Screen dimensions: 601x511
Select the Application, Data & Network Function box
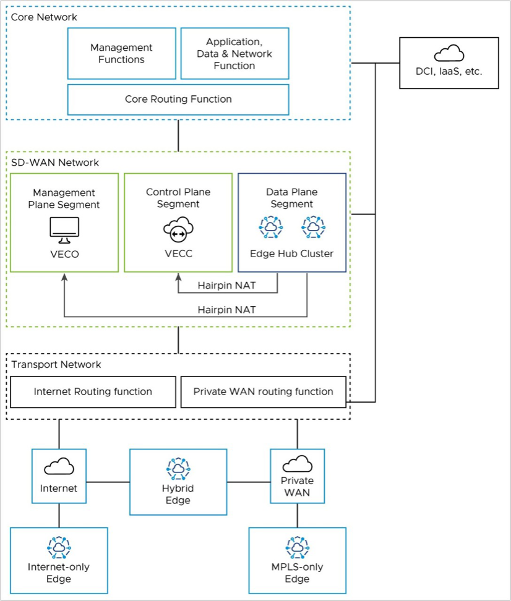(234, 53)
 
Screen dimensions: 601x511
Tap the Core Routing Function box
(178, 99)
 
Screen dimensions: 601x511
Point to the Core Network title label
(45, 17)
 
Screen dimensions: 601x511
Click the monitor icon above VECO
(64, 229)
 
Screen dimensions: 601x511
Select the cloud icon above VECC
(178, 230)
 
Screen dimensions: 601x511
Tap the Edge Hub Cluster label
(291, 254)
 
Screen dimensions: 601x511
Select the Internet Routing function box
(93, 391)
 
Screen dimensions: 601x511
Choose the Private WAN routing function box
(263, 391)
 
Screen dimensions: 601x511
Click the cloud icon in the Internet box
(59, 466)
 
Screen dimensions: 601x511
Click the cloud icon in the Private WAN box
(297, 463)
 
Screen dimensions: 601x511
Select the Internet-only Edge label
(59, 573)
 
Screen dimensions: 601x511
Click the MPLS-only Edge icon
(297, 546)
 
